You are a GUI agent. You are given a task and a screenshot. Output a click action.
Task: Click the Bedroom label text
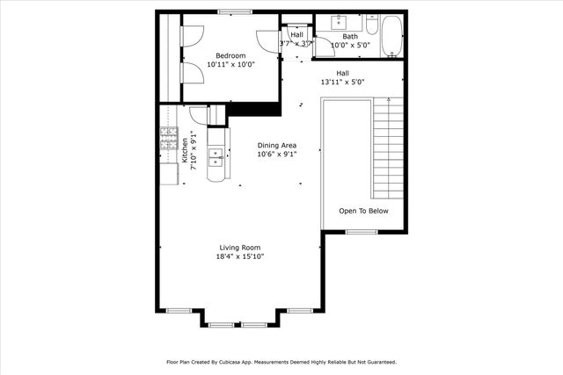coord(230,55)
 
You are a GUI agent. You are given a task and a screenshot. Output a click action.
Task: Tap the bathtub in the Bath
coord(391,37)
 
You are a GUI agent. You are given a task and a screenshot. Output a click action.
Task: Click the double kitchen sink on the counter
coord(215,157)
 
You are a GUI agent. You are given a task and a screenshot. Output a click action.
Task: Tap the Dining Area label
coord(276,145)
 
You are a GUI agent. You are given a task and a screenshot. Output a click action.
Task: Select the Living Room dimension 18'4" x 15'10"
coord(240,256)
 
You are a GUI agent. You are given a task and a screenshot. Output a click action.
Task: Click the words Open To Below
coord(363,211)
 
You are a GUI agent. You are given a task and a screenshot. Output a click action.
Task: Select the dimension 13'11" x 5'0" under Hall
coord(343,82)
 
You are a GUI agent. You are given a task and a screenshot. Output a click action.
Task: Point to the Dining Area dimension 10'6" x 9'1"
coord(276,154)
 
